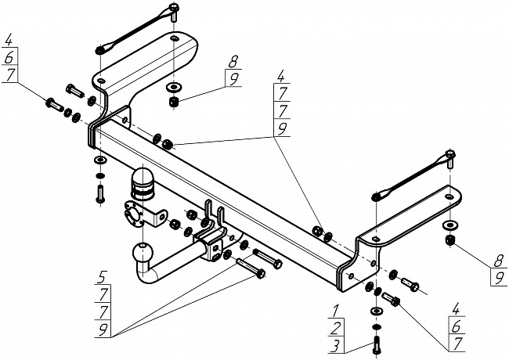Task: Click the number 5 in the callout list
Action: pyautogui.click(x=103, y=275)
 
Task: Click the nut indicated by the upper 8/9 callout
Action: pyautogui.click(x=171, y=102)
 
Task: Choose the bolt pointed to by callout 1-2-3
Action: pyautogui.click(x=377, y=341)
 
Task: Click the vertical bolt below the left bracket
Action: pyautogui.click(x=99, y=193)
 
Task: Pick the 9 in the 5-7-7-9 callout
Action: pyautogui.click(x=103, y=329)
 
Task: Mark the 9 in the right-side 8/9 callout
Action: pyautogui.click(x=496, y=276)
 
